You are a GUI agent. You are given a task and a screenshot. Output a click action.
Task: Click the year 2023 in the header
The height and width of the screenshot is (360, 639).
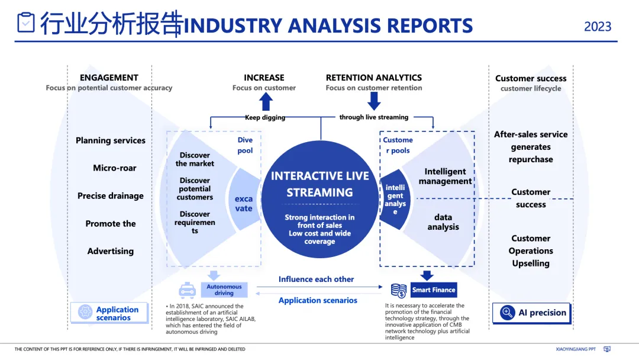[598, 26]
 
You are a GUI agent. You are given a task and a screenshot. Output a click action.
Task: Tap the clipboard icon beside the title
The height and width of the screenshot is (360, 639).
[26, 22]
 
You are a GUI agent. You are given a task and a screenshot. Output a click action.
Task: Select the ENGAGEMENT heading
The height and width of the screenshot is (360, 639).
[109, 78]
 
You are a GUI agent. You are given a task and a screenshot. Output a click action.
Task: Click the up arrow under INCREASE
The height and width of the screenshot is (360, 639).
[266, 102]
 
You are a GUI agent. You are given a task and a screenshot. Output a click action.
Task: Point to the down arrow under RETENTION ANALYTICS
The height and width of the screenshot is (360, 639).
[374, 101]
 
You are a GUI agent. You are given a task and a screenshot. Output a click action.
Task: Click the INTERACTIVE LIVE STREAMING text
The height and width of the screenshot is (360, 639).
[319, 184]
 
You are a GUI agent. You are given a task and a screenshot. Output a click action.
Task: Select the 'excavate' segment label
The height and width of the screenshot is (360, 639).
[243, 204]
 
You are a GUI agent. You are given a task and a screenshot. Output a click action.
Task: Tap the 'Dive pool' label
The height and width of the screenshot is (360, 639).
[245, 145]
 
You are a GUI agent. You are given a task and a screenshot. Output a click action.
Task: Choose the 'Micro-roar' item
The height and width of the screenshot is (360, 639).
[115, 168]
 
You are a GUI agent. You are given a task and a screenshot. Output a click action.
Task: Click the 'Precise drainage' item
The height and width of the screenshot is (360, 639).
[111, 196]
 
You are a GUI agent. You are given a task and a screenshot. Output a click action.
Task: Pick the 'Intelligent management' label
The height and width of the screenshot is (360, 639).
[445, 176]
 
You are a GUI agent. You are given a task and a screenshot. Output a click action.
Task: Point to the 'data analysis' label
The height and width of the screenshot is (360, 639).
[443, 222]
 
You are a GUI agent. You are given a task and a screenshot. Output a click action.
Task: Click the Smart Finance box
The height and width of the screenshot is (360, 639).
[434, 290]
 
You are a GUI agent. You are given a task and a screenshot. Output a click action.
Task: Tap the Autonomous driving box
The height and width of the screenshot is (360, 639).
[224, 290]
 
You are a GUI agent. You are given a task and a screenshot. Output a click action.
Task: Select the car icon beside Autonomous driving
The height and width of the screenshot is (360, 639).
[188, 290]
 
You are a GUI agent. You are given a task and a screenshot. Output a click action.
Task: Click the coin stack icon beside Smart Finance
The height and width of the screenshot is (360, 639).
[399, 290]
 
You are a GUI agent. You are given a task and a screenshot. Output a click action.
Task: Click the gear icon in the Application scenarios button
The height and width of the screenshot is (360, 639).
[85, 312]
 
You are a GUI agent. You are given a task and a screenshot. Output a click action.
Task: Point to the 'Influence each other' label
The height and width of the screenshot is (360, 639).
[316, 279]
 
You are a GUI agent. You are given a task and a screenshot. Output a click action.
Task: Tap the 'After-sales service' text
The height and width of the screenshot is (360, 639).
[531, 134]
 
